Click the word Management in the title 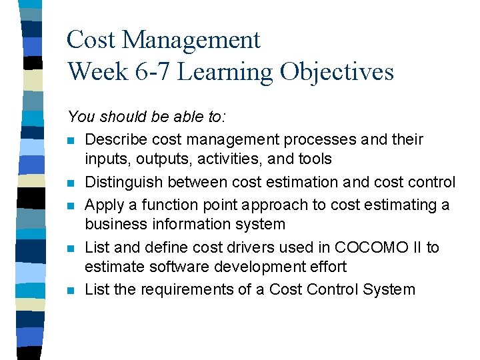191,41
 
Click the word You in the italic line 81,117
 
